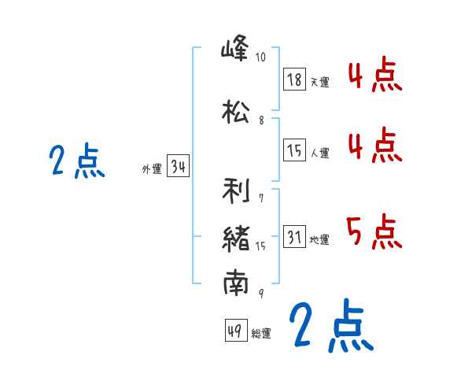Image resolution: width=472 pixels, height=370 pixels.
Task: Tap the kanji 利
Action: click(x=236, y=191)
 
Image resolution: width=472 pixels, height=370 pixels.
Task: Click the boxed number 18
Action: click(x=294, y=80)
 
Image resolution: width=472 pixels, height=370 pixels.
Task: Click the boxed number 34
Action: click(x=178, y=167)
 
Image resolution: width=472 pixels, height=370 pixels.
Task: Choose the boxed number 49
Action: click(x=234, y=331)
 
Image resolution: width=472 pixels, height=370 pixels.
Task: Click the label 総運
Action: click(x=260, y=334)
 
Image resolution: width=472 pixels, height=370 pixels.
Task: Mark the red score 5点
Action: click(x=374, y=231)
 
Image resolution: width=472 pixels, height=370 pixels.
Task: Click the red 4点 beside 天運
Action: click(x=374, y=76)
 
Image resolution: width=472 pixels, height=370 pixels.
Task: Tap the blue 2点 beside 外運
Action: click(x=77, y=161)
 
